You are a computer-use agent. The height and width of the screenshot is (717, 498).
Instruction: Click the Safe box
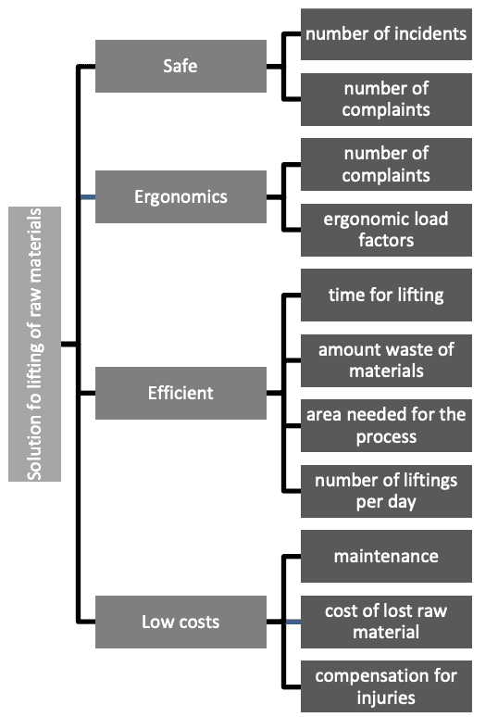(x=181, y=66)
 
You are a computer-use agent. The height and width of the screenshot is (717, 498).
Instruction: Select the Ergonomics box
(x=181, y=196)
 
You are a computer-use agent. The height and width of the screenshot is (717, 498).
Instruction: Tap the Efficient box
(x=181, y=393)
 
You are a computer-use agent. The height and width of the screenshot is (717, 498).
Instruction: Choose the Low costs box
(x=181, y=622)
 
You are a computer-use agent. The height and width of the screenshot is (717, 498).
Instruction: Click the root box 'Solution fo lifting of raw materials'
(x=35, y=344)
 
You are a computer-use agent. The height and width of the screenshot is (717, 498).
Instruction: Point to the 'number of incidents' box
(x=386, y=34)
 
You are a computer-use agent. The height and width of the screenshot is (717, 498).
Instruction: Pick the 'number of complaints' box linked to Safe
(x=386, y=99)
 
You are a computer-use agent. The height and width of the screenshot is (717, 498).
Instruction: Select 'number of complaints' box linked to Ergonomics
(x=386, y=164)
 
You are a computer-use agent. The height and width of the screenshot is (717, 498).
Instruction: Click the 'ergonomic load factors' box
(x=386, y=230)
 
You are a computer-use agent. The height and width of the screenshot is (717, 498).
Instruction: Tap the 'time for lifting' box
(x=386, y=295)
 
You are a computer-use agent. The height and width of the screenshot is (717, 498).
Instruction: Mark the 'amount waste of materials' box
(x=386, y=360)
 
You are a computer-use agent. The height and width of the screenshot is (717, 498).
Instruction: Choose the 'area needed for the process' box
(x=386, y=425)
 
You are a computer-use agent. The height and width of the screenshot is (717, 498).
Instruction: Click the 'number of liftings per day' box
(x=386, y=491)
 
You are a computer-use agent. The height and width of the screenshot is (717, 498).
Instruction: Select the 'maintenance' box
(x=386, y=556)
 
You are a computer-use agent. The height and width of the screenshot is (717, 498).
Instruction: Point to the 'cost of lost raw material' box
(x=386, y=622)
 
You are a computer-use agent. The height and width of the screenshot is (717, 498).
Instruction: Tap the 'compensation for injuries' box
(x=386, y=686)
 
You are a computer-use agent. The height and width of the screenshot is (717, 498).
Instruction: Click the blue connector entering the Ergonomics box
(x=88, y=197)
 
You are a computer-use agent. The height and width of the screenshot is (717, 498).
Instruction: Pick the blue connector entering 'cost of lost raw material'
(x=293, y=622)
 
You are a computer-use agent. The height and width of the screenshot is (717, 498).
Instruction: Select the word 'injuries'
(x=386, y=698)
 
